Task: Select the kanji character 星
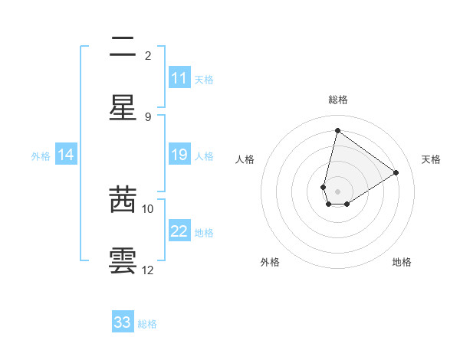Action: point(123,107)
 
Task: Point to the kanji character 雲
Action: point(123,260)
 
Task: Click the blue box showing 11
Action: point(179,78)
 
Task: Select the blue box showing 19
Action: point(179,155)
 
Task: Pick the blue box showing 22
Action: point(179,231)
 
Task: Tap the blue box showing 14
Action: point(66,155)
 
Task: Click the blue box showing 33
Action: point(123,322)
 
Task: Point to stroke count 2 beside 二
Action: point(147,55)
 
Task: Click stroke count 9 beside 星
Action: point(147,116)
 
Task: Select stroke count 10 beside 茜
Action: point(148,208)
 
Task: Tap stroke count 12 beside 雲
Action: point(148,270)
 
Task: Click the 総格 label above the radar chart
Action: point(337,100)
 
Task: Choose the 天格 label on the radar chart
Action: point(431,159)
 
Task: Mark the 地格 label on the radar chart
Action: point(402,262)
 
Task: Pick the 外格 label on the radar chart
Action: point(270,262)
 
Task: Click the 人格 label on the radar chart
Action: point(245,159)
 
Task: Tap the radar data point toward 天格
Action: point(396,172)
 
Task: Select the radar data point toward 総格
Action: point(337,130)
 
